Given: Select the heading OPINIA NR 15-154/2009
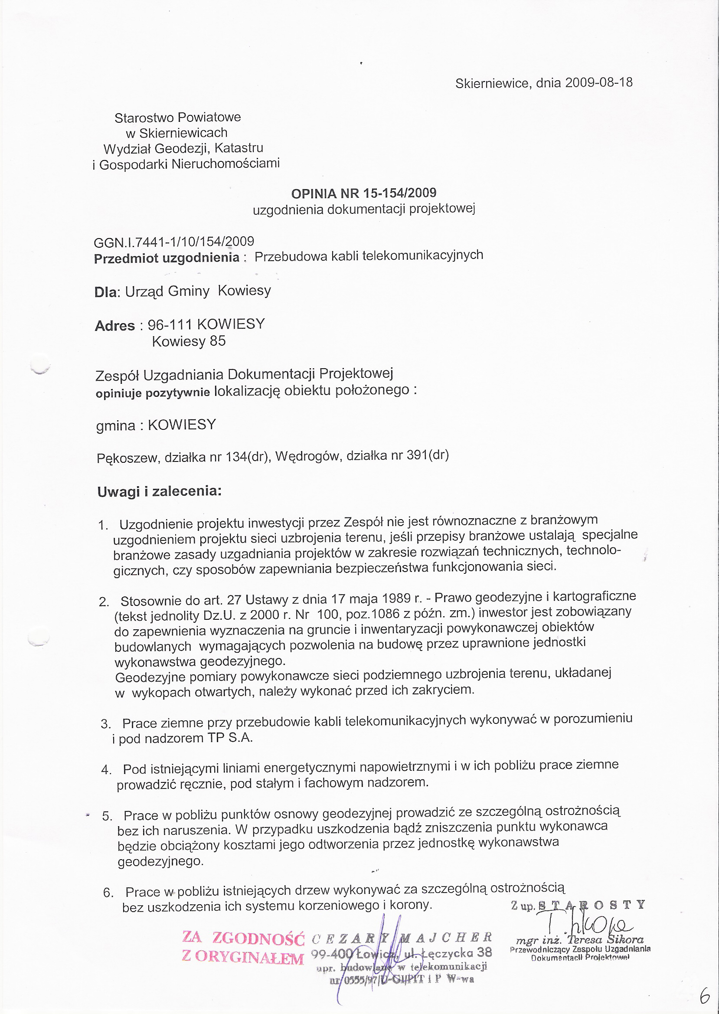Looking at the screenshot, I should tap(363, 193).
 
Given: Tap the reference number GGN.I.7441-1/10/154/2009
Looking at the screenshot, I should tap(174, 242).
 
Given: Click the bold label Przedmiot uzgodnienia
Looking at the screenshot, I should tap(167, 258).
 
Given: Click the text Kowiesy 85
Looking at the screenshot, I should tap(189, 341).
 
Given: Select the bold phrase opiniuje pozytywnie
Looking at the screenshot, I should tap(153, 393).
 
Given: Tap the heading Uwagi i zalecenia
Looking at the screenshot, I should tap(160, 491).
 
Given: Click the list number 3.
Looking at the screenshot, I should tap(105, 724).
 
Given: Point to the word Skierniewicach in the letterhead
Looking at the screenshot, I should tap(183, 133).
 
